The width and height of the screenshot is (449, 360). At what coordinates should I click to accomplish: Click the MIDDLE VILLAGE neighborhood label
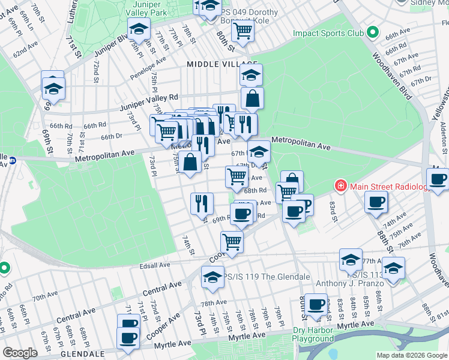(x=221, y=64)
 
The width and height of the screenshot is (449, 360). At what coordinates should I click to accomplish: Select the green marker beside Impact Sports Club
(x=372, y=32)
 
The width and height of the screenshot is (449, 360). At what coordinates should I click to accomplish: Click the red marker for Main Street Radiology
(x=340, y=187)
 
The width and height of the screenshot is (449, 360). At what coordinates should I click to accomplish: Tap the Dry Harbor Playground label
(x=313, y=334)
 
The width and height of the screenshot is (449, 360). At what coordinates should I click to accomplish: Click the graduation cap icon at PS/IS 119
(x=212, y=277)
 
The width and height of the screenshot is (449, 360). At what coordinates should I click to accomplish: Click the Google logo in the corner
(x=20, y=353)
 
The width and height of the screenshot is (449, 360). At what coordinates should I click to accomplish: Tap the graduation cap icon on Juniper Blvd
(x=138, y=28)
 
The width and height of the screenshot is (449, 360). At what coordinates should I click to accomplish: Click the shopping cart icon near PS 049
(x=243, y=29)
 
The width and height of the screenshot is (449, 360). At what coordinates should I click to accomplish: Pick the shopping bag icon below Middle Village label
(x=253, y=98)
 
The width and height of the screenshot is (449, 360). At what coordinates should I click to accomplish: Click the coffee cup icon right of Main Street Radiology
(x=376, y=202)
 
